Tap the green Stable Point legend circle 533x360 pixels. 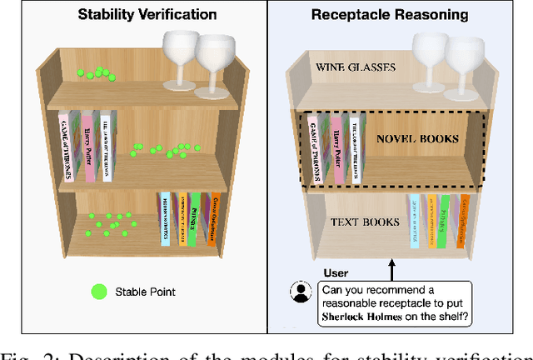pos(99,292)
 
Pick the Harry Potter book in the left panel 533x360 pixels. pos(89,147)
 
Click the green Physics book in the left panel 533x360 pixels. pos(194,221)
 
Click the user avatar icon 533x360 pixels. pos(299,292)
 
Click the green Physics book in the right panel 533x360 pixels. pos(444,220)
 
